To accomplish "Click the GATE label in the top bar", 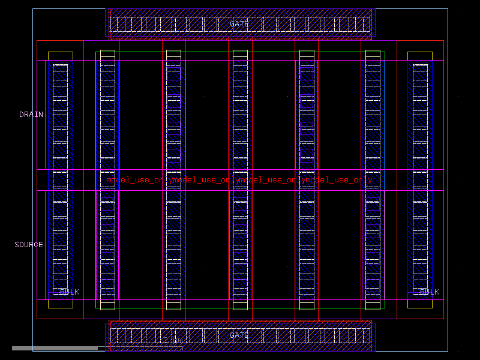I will [239, 24].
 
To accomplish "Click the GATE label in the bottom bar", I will [239, 335].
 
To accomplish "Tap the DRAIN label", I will [31, 115].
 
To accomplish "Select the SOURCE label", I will [29, 245].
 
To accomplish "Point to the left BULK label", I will [69, 292].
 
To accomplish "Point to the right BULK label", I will [429, 292].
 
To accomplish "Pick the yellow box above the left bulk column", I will [60, 55].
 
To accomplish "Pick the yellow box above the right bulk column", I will [420, 55].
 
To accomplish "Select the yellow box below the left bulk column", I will [60, 304].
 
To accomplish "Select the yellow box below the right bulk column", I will [420, 304].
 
